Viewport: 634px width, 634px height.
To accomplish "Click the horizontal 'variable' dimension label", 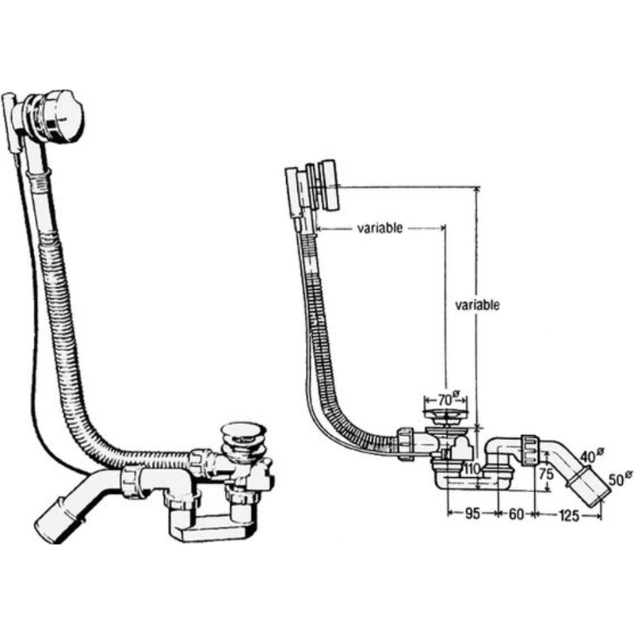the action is coord(380,228).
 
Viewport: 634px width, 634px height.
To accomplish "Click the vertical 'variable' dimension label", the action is coord(477,304).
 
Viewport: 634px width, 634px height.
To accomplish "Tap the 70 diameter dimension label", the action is coord(448,399).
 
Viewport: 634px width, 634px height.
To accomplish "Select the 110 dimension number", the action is coord(472,469).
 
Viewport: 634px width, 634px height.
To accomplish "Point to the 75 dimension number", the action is coord(546,474).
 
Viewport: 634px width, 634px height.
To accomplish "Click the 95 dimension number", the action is coord(472,514).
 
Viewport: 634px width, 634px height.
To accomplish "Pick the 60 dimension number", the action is coord(516,514).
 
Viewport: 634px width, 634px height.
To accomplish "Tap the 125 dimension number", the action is coord(569,516).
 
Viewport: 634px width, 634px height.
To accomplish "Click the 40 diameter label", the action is coord(592,456).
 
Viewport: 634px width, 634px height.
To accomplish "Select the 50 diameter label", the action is coord(620,479).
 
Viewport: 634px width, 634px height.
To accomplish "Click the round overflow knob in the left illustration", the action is coord(61,116).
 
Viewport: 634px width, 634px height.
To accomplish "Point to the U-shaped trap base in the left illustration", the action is coord(212,525).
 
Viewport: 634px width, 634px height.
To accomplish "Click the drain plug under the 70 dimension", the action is coord(445,414).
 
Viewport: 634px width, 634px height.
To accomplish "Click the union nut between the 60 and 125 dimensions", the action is coord(530,449).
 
